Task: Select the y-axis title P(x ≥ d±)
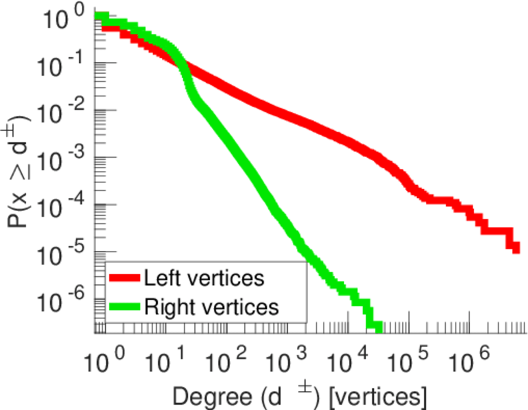click(24, 164)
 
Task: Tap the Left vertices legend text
click(204, 278)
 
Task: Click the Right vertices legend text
click(211, 307)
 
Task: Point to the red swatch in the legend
click(124, 278)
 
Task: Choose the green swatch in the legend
click(124, 307)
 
